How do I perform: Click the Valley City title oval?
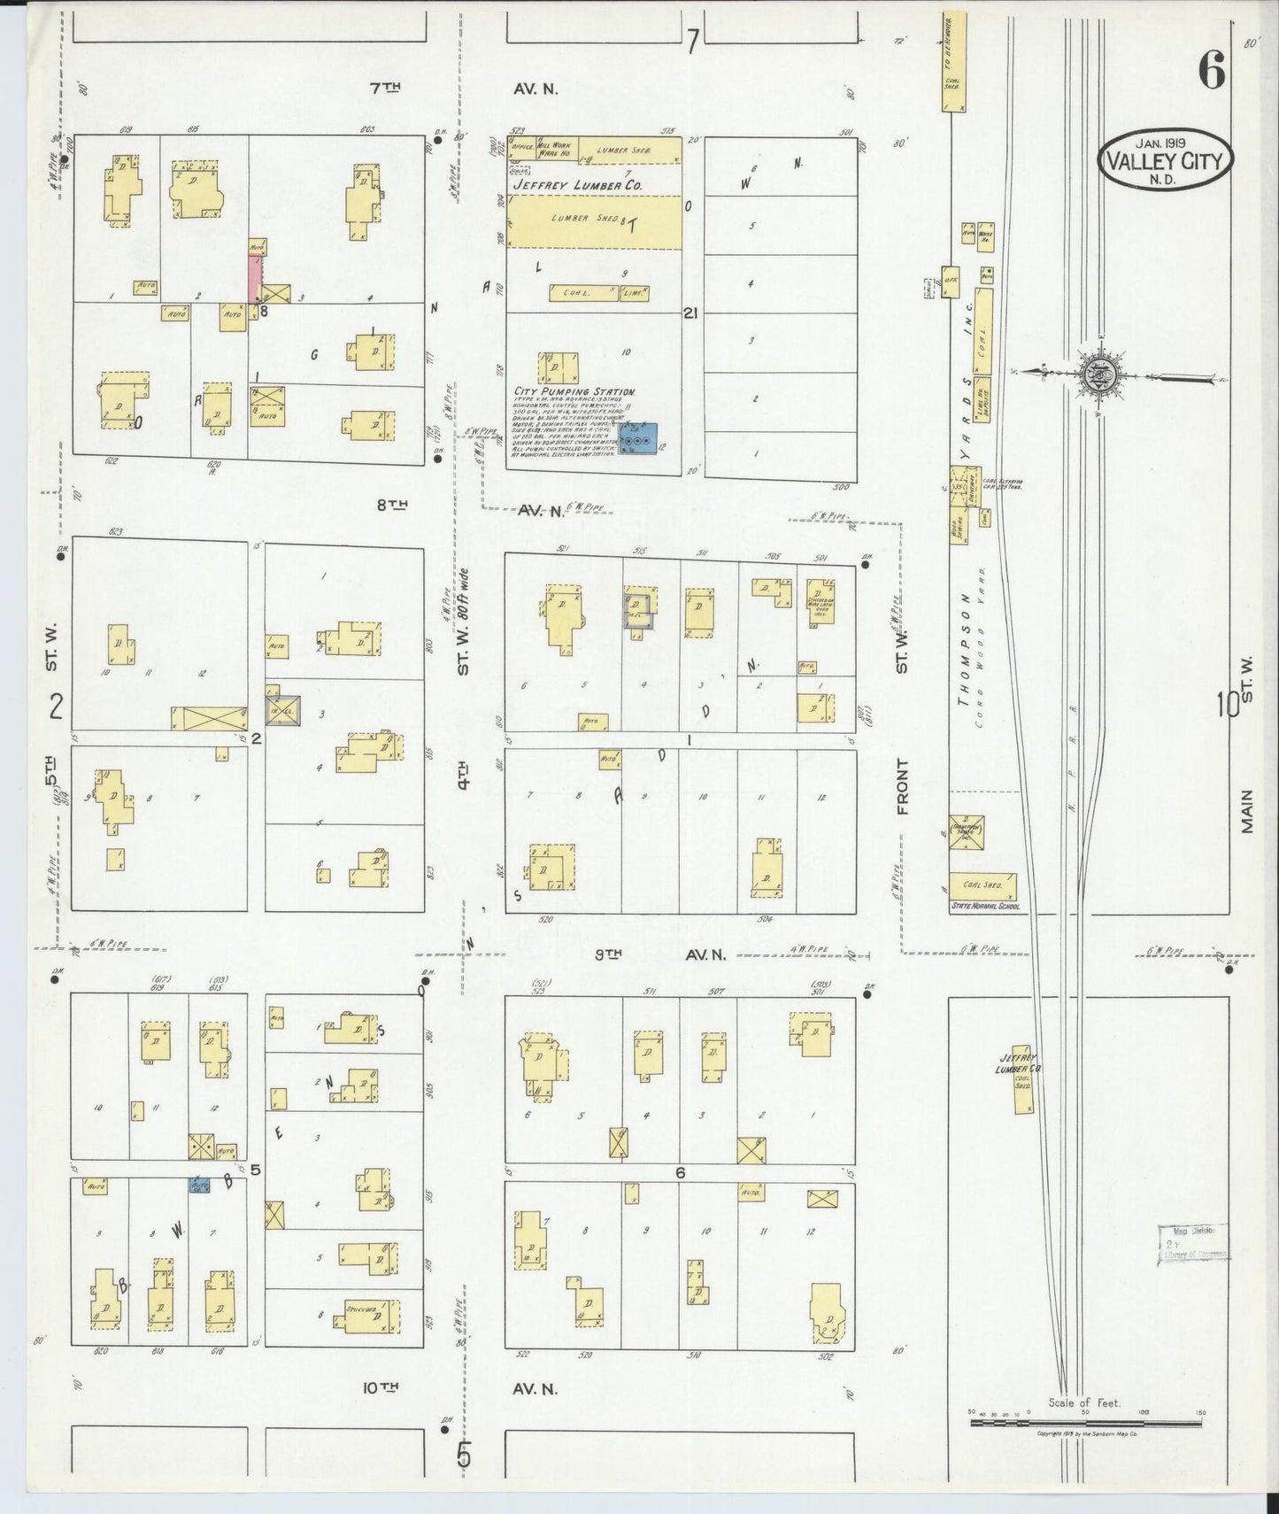pyautogui.click(x=1164, y=160)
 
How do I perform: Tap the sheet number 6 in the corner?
pyautogui.click(x=1211, y=69)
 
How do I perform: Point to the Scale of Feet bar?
pyautogui.click(x=1084, y=1424)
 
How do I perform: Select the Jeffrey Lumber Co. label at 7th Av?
pyautogui.click(x=588, y=185)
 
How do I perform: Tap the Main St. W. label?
pyautogui.click(x=1247, y=761)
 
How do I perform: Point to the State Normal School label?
pyautogui.click(x=985, y=906)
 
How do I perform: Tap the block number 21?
pyautogui.click(x=692, y=313)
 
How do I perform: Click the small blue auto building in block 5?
pyautogui.click(x=201, y=1184)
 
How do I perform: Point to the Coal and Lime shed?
pyautogui.click(x=598, y=291)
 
